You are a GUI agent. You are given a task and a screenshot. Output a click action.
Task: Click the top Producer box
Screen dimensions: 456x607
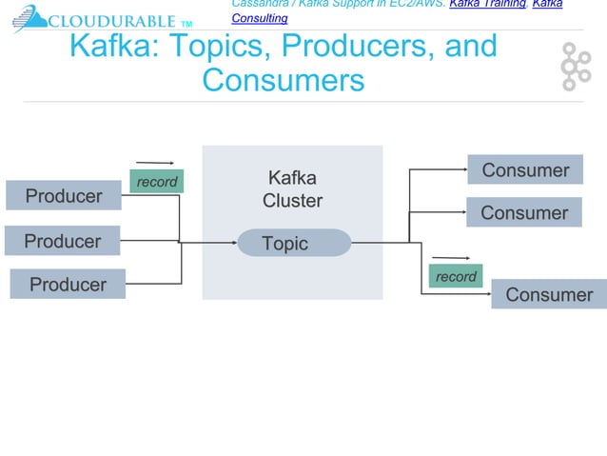[x=64, y=196]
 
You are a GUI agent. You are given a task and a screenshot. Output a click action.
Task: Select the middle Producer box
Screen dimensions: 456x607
[x=62, y=241]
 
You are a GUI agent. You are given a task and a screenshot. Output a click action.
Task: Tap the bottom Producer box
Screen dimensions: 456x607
[x=68, y=285]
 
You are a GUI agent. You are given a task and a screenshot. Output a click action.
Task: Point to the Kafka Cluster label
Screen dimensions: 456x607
[x=292, y=189]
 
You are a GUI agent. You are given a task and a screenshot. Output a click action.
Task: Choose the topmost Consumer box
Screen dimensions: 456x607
[x=525, y=170]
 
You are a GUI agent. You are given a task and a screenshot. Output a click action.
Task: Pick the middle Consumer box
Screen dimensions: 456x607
[x=523, y=212]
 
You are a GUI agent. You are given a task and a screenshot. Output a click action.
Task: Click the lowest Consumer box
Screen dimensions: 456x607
[x=548, y=294]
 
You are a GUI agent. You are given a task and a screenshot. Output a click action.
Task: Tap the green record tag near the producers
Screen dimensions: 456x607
[x=156, y=182]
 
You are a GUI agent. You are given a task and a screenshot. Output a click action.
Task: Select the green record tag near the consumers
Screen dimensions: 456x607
[x=456, y=276]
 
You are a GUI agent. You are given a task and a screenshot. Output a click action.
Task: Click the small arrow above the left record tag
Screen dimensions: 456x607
[x=155, y=163]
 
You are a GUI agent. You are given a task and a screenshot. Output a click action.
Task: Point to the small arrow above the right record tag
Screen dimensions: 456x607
[x=451, y=257]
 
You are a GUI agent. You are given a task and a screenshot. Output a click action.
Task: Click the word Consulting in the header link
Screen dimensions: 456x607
[x=260, y=18]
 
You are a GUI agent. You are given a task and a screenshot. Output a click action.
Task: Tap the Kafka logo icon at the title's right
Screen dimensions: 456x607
[x=575, y=65]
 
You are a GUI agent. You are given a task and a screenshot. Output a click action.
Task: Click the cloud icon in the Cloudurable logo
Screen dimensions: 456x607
[x=28, y=19]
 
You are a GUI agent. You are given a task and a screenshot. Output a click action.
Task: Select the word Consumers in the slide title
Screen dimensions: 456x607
[x=284, y=80]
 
